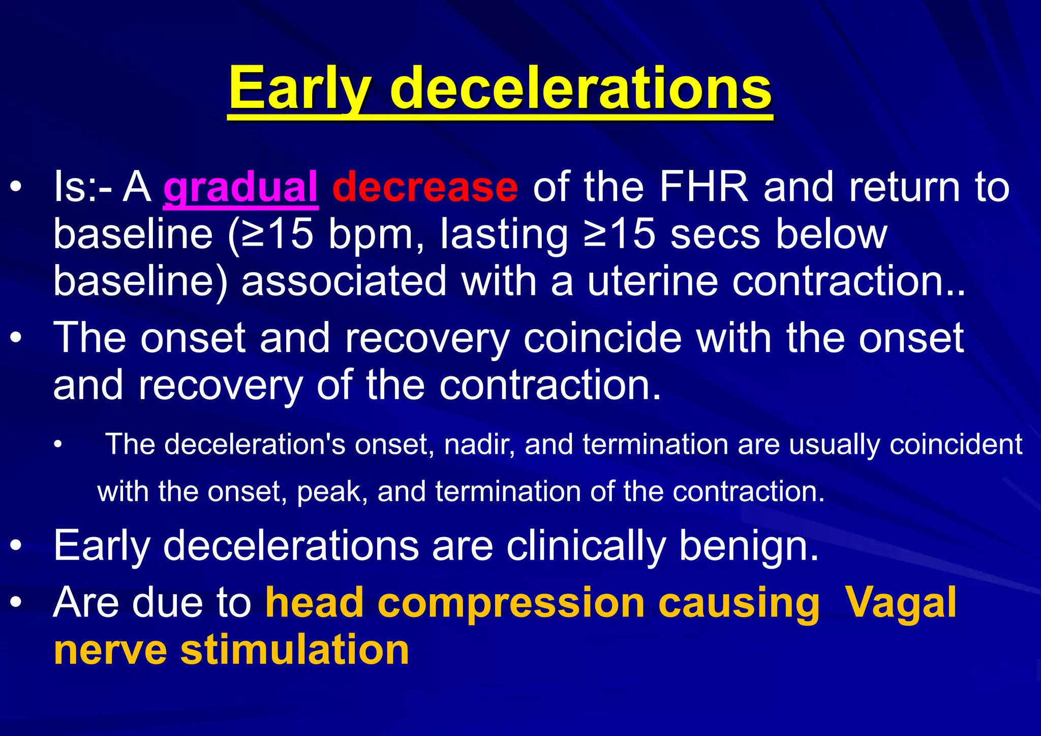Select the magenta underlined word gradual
[x=240, y=187]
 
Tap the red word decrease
[x=425, y=187]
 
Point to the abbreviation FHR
[x=703, y=187]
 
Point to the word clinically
[x=586, y=545]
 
